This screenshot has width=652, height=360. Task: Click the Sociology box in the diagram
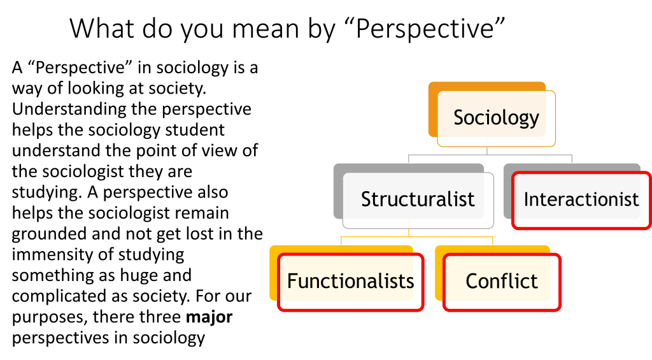coord(497,118)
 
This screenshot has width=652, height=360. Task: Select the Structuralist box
coord(417,199)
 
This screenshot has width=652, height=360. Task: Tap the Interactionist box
coord(581,199)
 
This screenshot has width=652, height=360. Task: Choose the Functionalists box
coord(350,281)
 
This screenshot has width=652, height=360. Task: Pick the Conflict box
coord(502,281)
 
